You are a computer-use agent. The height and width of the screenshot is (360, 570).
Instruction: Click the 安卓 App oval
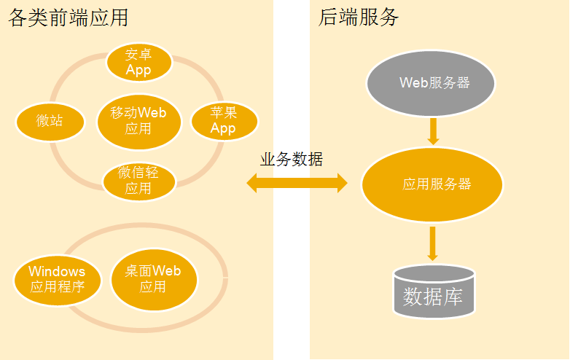pos(138,62)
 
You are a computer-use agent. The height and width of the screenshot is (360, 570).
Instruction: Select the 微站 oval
pos(50,120)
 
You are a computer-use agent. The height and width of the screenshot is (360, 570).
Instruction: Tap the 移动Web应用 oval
pos(138,120)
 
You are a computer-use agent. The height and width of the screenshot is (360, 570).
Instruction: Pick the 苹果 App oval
pos(224,120)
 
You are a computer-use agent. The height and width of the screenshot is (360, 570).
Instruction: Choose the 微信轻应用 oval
pos(138,181)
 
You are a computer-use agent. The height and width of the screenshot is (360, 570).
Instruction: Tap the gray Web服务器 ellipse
pos(432,83)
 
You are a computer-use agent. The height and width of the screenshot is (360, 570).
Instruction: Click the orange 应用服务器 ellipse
pos(433,184)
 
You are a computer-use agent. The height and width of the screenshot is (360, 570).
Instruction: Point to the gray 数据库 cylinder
pos(434,293)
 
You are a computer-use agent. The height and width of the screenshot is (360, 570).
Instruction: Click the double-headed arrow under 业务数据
pos(297,183)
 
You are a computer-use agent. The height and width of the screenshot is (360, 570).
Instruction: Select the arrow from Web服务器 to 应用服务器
pos(433,130)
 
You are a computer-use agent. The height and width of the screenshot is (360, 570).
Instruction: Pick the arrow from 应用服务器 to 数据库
pos(433,243)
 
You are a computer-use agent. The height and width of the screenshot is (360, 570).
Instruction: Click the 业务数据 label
pos(292,160)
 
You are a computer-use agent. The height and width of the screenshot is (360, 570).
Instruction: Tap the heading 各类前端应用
pos(72,17)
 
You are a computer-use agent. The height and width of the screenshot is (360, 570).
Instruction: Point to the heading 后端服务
pos(359,17)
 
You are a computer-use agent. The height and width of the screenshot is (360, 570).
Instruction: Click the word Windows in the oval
pos(57,271)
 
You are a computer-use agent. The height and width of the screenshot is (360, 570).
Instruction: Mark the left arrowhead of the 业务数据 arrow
pos(252,183)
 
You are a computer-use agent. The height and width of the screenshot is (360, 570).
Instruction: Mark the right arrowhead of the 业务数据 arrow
pos(343,183)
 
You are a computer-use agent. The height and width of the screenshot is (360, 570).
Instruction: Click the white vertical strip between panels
pos(292,291)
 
